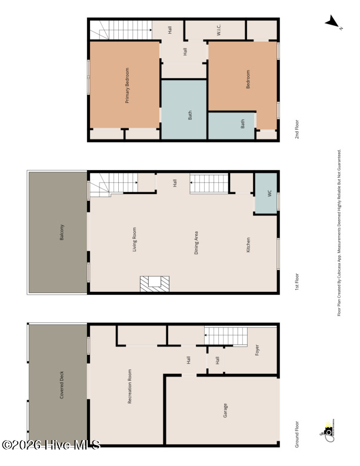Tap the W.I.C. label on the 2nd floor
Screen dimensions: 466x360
tap(218, 30)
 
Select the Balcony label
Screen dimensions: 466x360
tap(62, 232)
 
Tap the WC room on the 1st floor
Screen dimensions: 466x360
tap(266, 192)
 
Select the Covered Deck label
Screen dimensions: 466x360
tap(62, 385)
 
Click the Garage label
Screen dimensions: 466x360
tap(225, 410)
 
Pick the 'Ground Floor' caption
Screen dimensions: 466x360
tap(298, 434)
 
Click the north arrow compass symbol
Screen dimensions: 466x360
tap(333, 23)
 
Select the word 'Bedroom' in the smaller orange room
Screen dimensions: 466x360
tap(248, 79)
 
